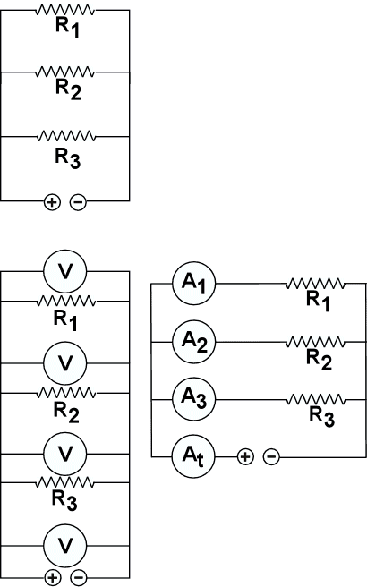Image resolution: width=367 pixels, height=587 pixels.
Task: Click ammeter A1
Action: [x=193, y=284]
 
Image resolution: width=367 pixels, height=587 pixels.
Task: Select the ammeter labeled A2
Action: [x=193, y=342]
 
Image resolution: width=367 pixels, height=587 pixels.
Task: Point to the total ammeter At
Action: [x=193, y=456]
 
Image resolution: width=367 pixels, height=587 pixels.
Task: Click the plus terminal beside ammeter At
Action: [x=245, y=457]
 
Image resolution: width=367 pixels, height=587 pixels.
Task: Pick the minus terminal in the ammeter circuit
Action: [x=271, y=457]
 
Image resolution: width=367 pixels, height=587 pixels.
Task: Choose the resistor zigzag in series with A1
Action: [x=315, y=284]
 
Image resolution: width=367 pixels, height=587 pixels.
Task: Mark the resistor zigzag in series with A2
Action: [x=315, y=342]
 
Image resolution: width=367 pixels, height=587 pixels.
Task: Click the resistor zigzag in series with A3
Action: [x=315, y=399]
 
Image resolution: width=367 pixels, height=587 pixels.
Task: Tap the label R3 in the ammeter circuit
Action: [x=321, y=416]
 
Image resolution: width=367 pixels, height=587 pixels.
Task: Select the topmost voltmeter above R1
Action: [x=65, y=270]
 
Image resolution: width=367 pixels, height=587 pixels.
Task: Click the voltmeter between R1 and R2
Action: [x=65, y=362]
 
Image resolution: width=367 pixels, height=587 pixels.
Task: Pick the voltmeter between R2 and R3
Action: [x=65, y=454]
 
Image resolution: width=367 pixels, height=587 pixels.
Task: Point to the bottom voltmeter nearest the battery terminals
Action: [x=65, y=545]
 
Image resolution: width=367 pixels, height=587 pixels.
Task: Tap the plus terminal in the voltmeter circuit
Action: [x=53, y=577]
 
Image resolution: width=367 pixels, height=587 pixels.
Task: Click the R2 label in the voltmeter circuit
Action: [x=66, y=413]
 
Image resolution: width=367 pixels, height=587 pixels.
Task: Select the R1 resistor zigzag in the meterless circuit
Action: [x=65, y=10]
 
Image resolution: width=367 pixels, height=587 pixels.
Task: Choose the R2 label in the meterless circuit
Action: [x=68, y=89]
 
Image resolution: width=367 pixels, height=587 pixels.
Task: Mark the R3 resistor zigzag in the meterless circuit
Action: [x=66, y=137]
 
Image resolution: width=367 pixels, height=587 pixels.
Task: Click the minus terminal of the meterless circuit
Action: [x=78, y=202]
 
